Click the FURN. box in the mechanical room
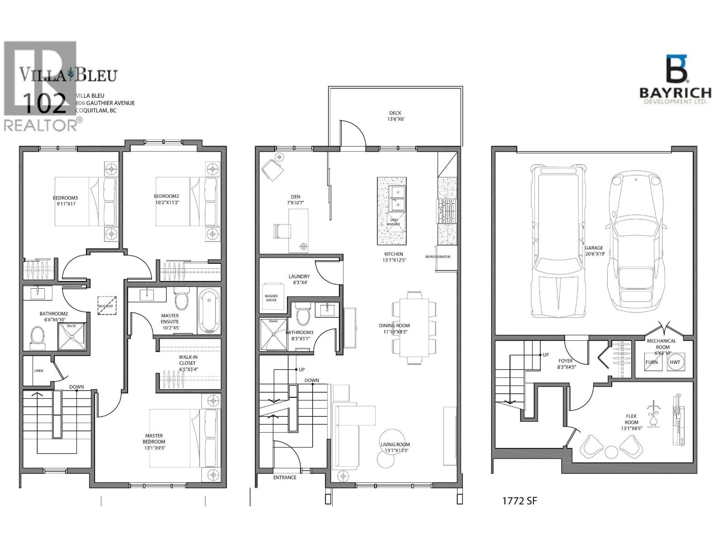(652, 362)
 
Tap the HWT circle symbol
(675, 362)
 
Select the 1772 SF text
(520, 501)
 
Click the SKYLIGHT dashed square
(107, 306)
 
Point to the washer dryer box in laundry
(271, 299)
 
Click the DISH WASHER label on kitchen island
(393, 221)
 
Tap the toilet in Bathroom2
(37, 337)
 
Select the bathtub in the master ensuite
(209, 311)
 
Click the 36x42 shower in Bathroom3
(273, 335)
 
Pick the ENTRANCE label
(285, 477)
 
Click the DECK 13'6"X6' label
(395, 116)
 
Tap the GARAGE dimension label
(594, 251)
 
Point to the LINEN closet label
(38, 371)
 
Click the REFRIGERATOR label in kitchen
(438, 257)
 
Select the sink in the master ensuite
(147, 295)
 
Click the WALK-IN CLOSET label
(187, 363)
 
